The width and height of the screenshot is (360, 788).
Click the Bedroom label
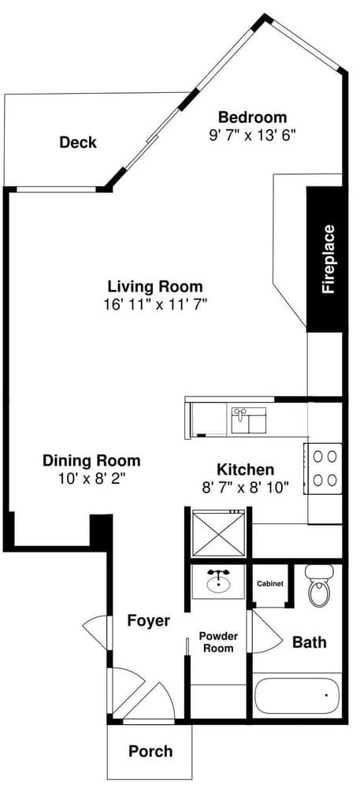click(253, 117)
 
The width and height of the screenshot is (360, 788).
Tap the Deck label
click(78, 143)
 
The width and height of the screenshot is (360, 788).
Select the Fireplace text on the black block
click(328, 258)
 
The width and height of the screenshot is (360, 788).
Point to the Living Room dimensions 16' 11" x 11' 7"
click(156, 304)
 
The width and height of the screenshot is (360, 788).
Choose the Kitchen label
click(246, 470)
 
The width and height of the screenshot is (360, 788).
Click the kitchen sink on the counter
click(249, 421)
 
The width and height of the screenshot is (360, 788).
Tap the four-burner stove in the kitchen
click(324, 468)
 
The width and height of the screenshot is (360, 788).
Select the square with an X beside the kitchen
click(218, 533)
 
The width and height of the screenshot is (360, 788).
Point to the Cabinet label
click(270, 584)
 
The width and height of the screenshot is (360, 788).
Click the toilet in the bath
click(320, 585)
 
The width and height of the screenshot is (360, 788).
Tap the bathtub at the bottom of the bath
click(296, 696)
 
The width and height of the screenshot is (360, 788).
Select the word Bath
click(310, 641)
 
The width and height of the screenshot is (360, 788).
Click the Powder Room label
click(218, 642)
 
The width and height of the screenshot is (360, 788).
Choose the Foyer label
click(148, 621)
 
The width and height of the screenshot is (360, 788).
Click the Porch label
click(150, 752)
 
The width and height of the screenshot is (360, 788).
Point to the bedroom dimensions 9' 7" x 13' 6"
click(253, 136)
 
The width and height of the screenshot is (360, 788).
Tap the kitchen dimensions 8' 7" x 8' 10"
click(246, 488)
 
